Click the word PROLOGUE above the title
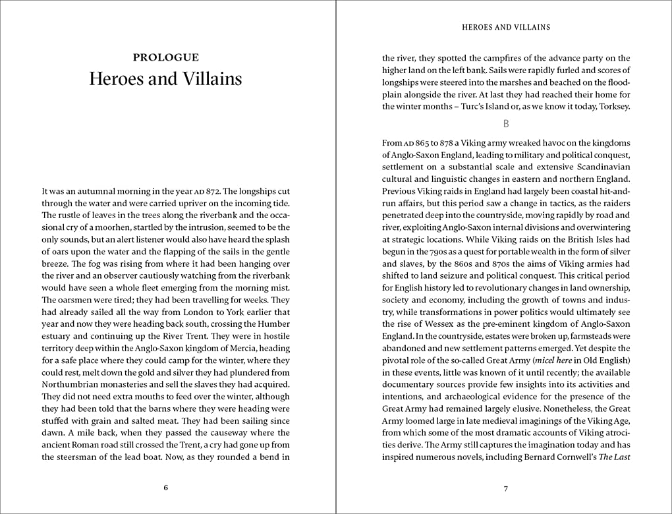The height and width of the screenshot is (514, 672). (x=165, y=57)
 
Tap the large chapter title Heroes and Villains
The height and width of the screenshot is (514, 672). (x=165, y=79)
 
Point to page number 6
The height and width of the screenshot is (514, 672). (x=165, y=488)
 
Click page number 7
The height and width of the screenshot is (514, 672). (x=506, y=488)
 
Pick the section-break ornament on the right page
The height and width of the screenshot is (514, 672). (x=506, y=123)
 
